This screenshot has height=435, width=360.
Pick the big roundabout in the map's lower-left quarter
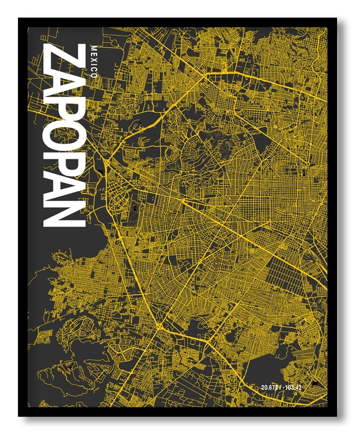[158, 326]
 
